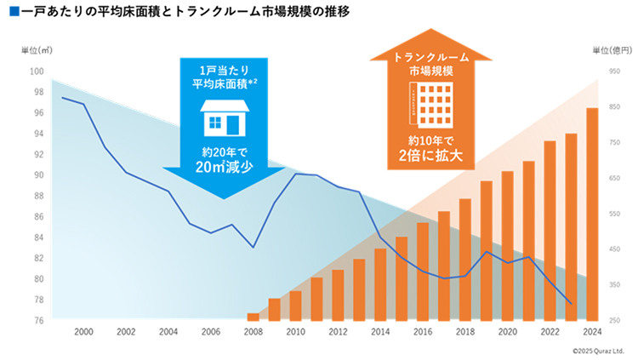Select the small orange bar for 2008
tap(253, 317)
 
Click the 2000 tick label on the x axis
tap(83, 332)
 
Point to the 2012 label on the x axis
tap(337, 332)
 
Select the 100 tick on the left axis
tap(37, 71)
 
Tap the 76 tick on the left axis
tap(38, 320)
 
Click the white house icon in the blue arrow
tap(224, 118)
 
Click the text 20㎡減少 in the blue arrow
tap(224, 168)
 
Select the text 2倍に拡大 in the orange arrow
tap(431, 155)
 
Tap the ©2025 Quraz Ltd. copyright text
tap(598, 350)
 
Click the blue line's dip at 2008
tap(253, 247)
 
